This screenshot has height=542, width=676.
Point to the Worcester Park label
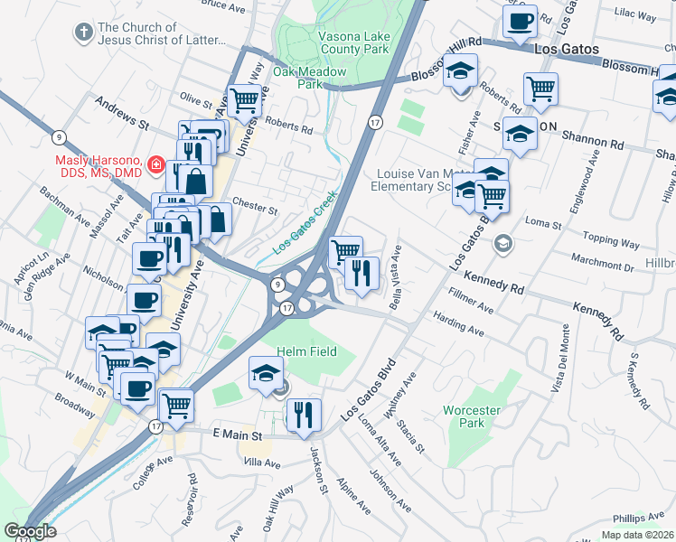click(x=471, y=416)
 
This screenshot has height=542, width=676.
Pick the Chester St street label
click(x=254, y=207)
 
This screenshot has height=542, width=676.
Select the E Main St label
click(x=237, y=435)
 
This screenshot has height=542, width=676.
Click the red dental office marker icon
click(x=155, y=164)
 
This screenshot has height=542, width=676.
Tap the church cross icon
click(x=83, y=33)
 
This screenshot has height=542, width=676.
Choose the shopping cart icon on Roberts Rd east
click(x=540, y=88)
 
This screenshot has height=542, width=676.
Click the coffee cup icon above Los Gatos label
click(x=520, y=21)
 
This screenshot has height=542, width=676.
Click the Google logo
click(x=29, y=531)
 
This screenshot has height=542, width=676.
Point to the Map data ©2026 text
click(x=636, y=535)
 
